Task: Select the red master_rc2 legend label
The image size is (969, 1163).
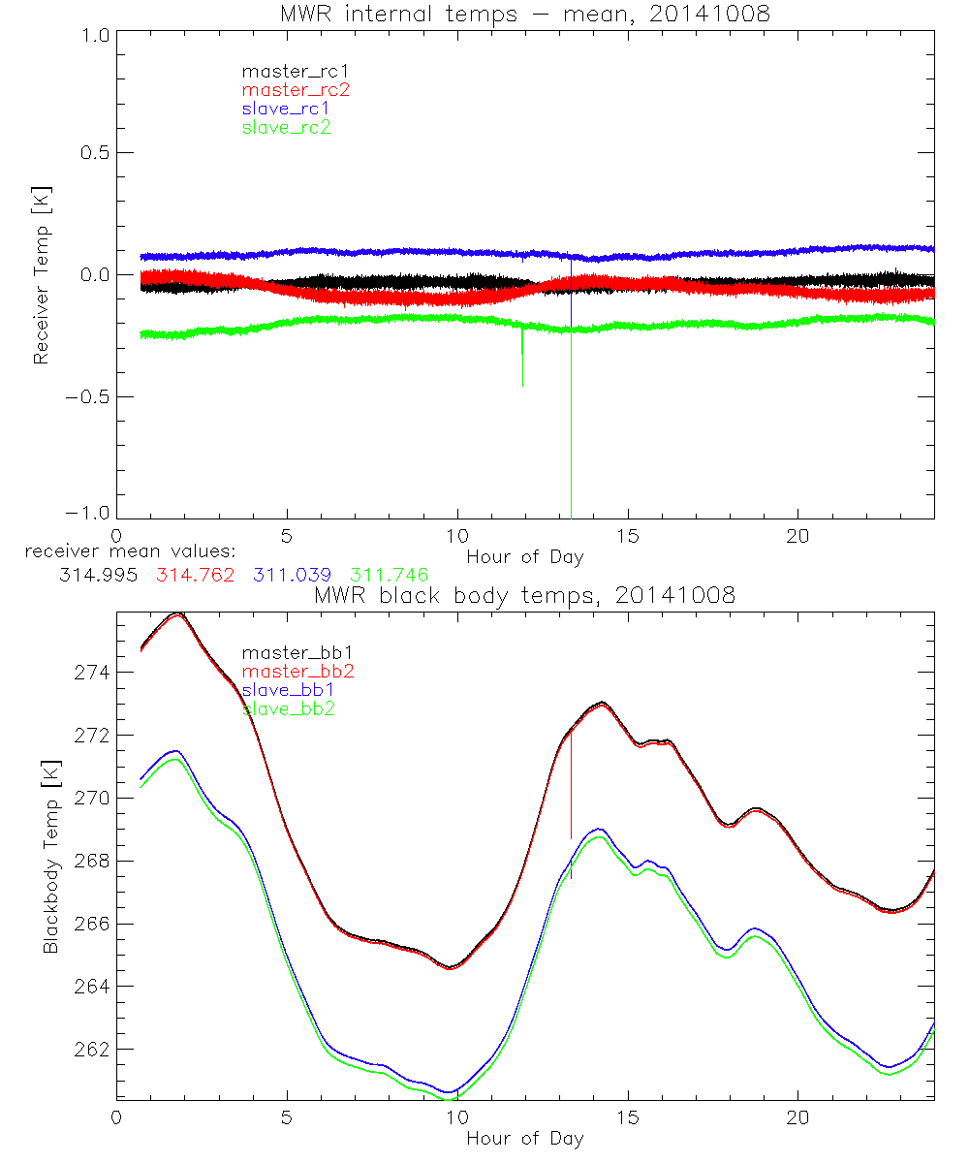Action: pos(296,90)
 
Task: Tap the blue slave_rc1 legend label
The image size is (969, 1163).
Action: pos(286,109)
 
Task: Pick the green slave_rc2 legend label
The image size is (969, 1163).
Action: pos(286,127)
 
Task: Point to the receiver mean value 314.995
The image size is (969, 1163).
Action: pos(98,575)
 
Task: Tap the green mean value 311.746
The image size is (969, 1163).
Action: pos(390,575)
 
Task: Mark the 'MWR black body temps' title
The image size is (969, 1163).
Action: pos(525,595)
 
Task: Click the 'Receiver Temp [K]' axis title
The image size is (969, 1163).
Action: pos(41,274)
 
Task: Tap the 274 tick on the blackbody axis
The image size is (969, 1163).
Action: pos(94,673)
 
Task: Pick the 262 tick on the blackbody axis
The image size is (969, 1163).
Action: pos(94,1050)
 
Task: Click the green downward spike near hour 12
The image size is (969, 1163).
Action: pos(522,359)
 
